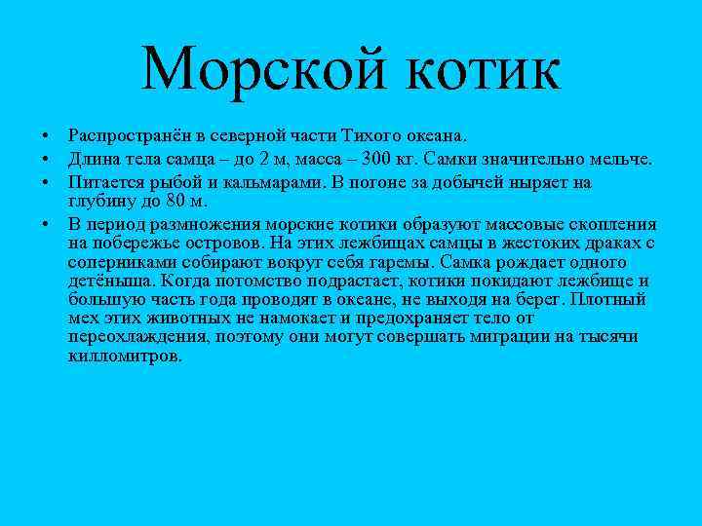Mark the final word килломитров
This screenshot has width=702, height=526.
click(124, 357)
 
